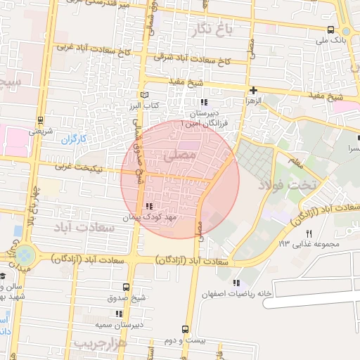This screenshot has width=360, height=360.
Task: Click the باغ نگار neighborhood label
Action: pos(210,29)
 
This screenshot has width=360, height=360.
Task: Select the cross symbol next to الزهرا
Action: pos(253,90)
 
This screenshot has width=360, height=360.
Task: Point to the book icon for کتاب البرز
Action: pos(144,94)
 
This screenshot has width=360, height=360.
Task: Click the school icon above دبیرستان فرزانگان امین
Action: pos(204,103)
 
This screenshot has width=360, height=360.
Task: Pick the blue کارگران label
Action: pos(72,139)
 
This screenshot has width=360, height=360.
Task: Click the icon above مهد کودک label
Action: pos(148,206)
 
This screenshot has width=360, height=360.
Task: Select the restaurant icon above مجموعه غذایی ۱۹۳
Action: pos(308,233)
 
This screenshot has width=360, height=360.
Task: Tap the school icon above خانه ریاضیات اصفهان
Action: pos(245,282)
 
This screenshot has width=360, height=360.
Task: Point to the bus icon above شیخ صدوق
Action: pos(127,287)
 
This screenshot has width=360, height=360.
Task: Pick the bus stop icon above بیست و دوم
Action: pos(185,329)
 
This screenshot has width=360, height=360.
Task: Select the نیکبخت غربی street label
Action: pos(79,168)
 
